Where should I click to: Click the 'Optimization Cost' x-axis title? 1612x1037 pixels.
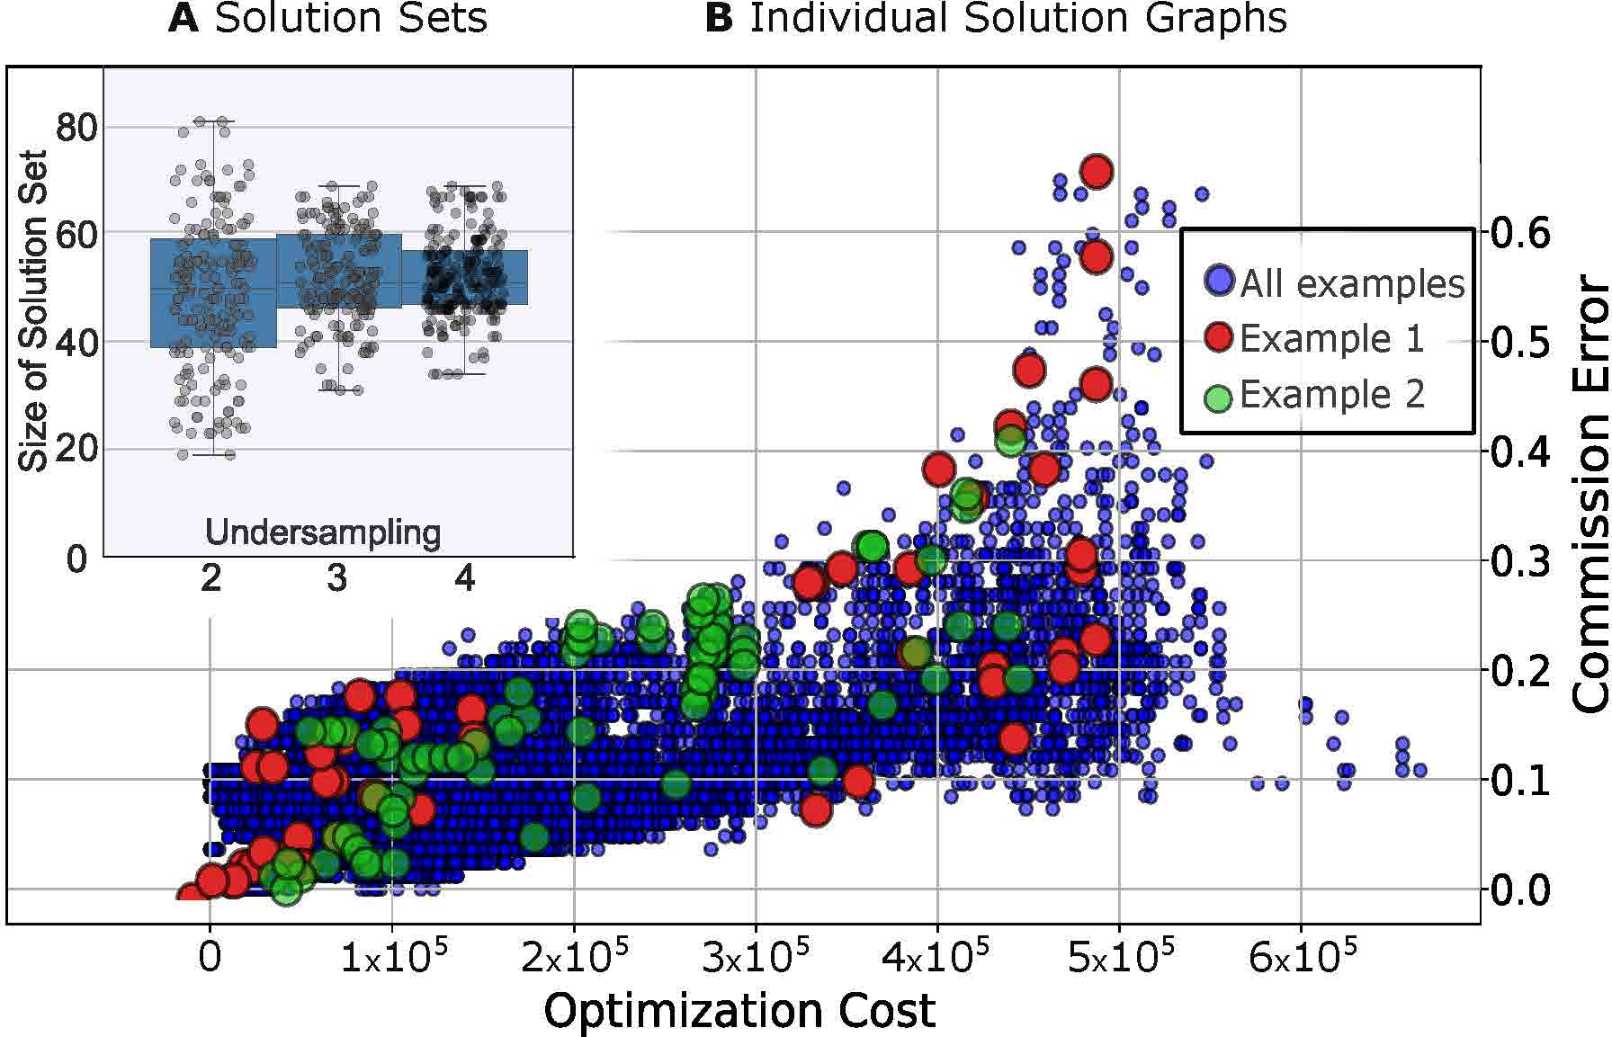pos(739,1010)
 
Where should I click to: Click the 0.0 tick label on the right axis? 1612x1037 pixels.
pos(1521,890)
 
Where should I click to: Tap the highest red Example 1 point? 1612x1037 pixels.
pos(1097,170)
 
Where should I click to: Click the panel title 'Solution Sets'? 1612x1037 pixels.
pos(350,19)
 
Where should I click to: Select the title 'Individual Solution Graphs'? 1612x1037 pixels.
pos(1016,19)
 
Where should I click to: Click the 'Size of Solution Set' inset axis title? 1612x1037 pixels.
pos(33,311)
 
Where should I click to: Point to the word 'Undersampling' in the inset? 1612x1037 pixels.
pos(323,532)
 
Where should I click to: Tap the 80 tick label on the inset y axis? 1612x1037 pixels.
pos(76,128)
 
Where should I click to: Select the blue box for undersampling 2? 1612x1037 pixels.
pos(213,292)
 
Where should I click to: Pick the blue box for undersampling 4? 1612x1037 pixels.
pos(464,277)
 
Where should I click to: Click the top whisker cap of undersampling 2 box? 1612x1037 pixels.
pos(213,121)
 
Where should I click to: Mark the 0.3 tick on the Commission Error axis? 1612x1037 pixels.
pos(1521,561)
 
